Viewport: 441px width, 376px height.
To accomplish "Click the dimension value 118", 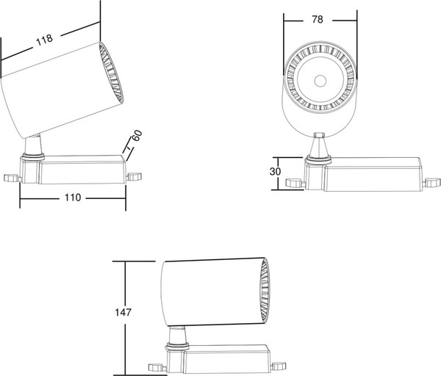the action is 44,40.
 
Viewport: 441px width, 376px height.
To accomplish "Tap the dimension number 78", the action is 318,19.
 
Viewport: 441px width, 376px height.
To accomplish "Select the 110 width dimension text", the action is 73,198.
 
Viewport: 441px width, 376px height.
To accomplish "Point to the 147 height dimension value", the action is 123,312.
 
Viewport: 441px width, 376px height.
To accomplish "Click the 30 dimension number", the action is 275,171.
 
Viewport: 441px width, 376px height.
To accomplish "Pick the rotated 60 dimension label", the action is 137,135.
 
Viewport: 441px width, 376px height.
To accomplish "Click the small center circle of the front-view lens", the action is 320,82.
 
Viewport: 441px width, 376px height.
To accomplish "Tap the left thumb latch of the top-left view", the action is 11,178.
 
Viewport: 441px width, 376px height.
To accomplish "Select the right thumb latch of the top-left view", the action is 135,176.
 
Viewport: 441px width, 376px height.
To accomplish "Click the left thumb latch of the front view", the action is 294,183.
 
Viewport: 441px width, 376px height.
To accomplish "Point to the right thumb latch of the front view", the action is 432,182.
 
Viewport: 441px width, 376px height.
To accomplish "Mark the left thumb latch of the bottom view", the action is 157,367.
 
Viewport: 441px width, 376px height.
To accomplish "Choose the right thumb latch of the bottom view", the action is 279,366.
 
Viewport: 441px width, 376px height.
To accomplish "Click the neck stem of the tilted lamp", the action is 34,144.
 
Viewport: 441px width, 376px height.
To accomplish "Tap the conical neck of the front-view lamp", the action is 318,146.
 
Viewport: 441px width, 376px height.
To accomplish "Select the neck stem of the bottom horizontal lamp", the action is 178,335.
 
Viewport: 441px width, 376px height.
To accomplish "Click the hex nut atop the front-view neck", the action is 320,135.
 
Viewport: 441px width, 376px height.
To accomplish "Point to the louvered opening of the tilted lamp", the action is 112,73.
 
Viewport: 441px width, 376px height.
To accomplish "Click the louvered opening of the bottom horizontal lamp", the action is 265,291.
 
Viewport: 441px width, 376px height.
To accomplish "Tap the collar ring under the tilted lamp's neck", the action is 33,156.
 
